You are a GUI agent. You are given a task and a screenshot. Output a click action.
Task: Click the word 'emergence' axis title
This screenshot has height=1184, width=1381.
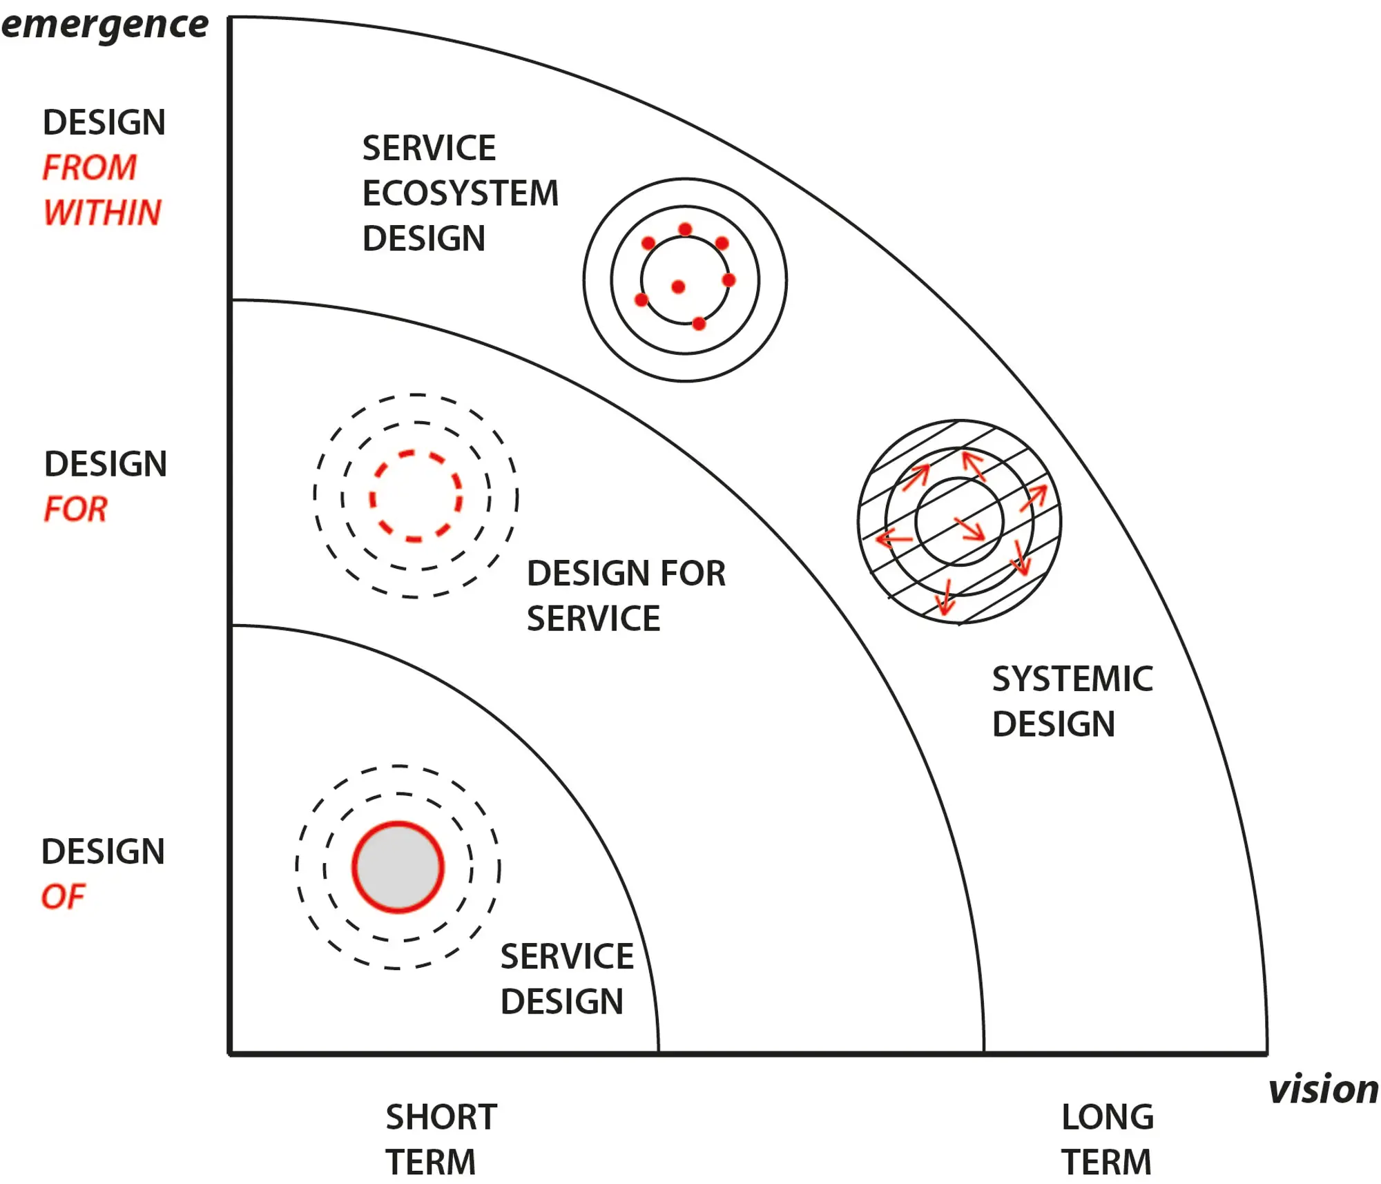pyautogui.click(x=104, y=25)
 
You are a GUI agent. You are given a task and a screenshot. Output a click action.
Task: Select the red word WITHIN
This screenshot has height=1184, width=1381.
pyautogui.click(x=102, y=212)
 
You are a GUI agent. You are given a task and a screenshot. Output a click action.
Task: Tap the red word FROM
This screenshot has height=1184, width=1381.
pyautogui.click(x=89, y=167)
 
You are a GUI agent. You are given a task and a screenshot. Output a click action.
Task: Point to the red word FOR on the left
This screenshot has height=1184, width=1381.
pyautogui.click(x=75, y=509)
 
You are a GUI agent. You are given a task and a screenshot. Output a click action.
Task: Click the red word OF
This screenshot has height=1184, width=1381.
pyautogui.click(x=63, y=896)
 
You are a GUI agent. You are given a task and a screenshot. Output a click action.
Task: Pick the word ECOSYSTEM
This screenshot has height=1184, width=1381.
pyautogui.click(x=460, y=193)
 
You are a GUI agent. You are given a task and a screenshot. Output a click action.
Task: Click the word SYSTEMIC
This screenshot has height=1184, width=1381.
pyautogui.click(x=1072, y=679)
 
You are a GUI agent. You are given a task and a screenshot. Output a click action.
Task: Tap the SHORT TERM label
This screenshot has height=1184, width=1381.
pyautogui.click(x=440, y=1139)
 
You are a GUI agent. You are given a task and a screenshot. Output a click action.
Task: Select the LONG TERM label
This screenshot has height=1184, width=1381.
pyautogui.click(x=1107, y=1139)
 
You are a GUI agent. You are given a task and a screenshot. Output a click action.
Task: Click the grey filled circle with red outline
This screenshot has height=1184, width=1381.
pyautogui.click(x=398, y=867)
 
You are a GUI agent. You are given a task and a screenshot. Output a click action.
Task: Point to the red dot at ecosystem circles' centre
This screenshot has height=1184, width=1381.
pyautogui.click(x=678, y=287)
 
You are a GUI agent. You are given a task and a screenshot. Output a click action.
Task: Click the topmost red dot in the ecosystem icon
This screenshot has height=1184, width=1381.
pyautogui.click(x=685, y=229)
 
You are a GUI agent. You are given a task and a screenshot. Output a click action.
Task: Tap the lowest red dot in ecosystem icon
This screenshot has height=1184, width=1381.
pyautogui.click(x=699, y=323)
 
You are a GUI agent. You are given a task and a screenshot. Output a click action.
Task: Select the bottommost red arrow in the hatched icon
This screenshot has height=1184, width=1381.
pyautogui.click(x=945, y=598)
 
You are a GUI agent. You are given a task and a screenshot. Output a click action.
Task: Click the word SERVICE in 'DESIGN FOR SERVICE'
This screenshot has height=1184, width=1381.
pyautogui.click(x=593, y=618)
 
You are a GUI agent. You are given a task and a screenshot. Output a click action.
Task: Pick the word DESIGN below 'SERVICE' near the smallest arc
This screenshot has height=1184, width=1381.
pyautogui.click(x=561, y=1001)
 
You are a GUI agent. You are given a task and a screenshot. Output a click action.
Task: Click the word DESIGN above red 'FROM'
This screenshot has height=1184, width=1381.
pyautogui.click(x=104, y=122)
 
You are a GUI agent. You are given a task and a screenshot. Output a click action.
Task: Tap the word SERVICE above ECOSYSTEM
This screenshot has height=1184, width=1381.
pyautogui.click(x=429, y=148)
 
